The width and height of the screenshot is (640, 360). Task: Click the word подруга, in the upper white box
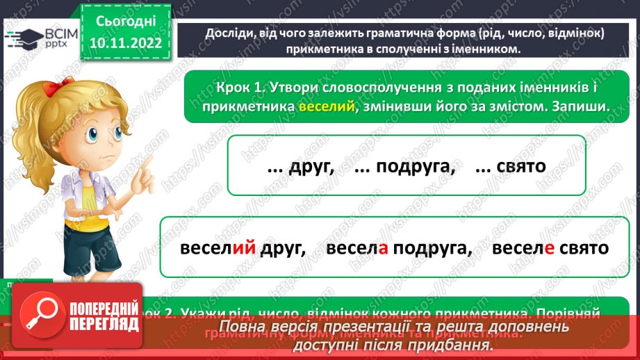pos(404,167)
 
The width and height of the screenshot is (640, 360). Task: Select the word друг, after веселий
pos(283,248)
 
